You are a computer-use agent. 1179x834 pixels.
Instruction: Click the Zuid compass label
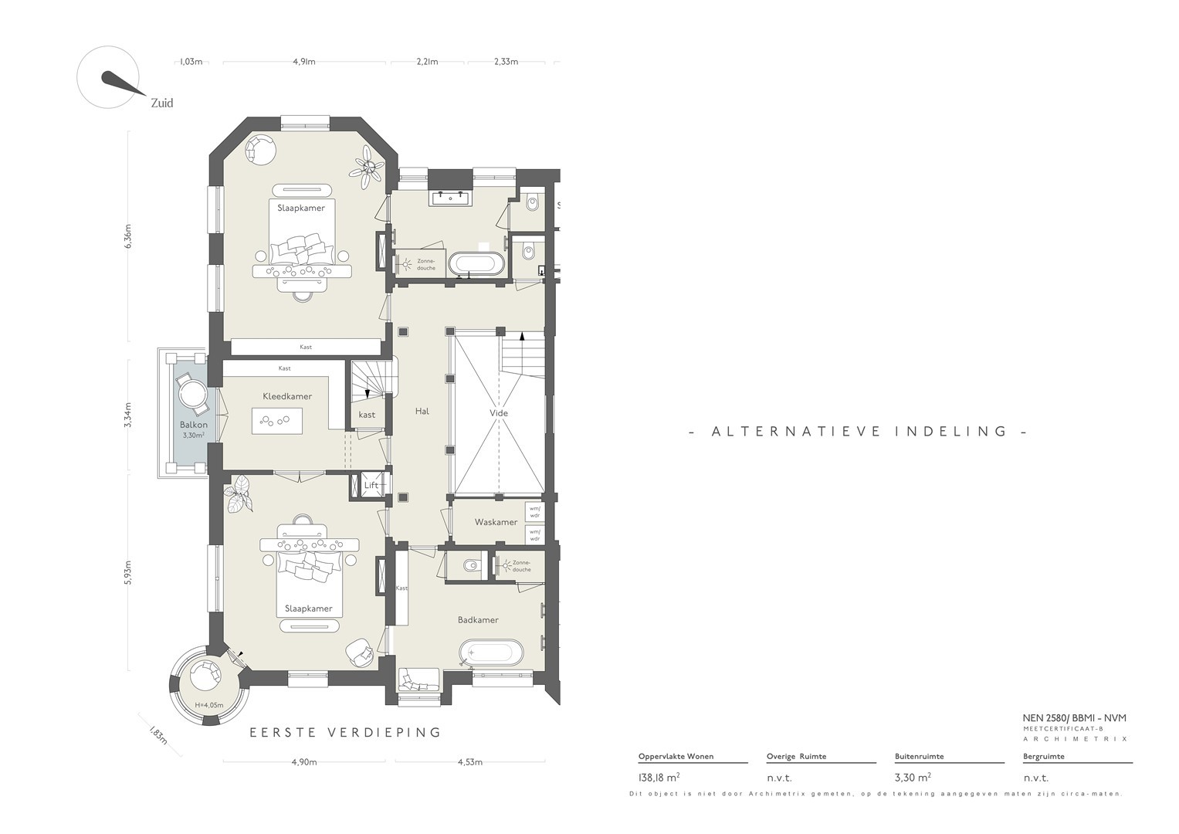(x=161, y=103)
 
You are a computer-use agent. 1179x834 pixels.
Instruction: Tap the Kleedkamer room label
(x=287, y=396)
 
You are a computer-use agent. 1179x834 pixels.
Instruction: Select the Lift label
(x=371, y=486)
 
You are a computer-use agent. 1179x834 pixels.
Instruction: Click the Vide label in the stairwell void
(x=499, y=413)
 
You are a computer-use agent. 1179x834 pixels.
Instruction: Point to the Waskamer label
(x=496, y=522)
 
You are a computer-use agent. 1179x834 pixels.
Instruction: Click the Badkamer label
(x=478, y=620)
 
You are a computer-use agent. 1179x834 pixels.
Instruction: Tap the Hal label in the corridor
(x=422, y=411)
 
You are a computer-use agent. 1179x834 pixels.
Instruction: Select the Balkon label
(x=194, y=425)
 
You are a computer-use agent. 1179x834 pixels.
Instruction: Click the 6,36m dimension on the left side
(x=128, y=236)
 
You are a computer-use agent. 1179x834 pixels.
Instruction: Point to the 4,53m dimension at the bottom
(x=470, y=762)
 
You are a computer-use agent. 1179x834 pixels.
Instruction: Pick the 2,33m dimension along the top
(x=506, y=62)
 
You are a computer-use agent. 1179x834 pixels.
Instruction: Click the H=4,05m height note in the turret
(x=209, y=705)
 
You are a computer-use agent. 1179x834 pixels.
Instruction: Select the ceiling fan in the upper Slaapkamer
(x=369, y=167)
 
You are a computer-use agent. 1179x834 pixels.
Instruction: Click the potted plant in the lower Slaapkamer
(x=239, y=493)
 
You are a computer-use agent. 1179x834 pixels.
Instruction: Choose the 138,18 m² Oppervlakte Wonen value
(x=659, y=777)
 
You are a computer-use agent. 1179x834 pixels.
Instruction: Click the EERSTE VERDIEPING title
(x=345, y=732)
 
